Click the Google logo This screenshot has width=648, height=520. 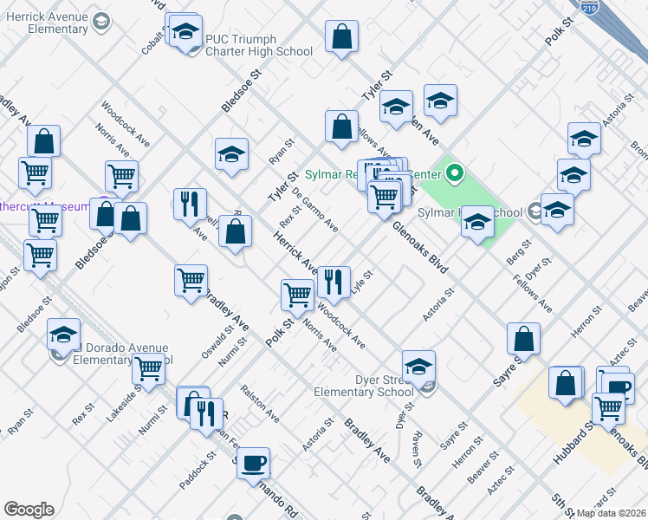point(29,510)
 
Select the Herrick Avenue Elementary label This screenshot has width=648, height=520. point(45,23)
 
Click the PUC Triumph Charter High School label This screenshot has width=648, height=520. point(259,45)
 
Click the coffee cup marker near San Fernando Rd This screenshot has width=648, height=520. point(253,463)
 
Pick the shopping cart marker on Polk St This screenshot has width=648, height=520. point(297,296)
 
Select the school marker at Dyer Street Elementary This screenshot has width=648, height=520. point(418,366)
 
